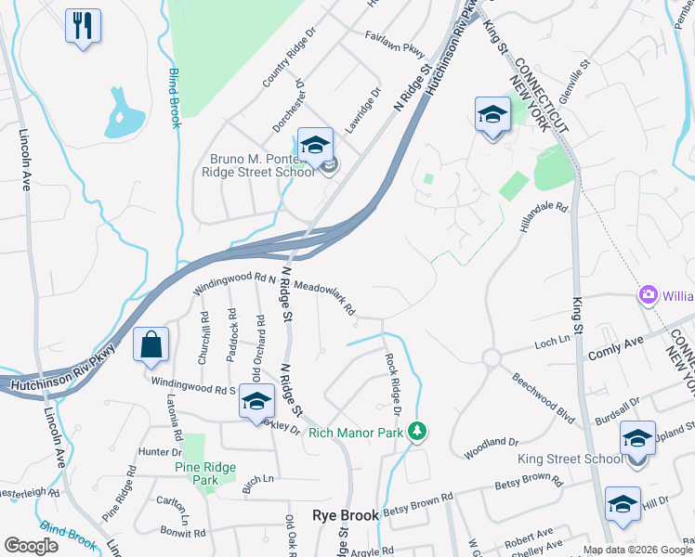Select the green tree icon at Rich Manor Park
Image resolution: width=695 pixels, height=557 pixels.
[x=418, y=431]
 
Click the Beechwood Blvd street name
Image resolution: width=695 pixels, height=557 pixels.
[x=543, y=394]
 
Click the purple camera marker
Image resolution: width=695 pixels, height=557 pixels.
[x=648, y=295]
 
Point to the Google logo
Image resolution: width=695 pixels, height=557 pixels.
[x=31, y=546]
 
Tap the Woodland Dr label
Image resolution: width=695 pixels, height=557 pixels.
[x=492, y=447]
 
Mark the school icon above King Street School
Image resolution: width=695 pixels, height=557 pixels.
[x=637, y=437]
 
